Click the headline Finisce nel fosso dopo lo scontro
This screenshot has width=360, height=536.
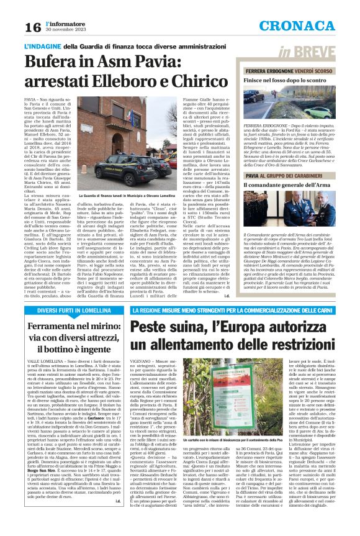(286, 81)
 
